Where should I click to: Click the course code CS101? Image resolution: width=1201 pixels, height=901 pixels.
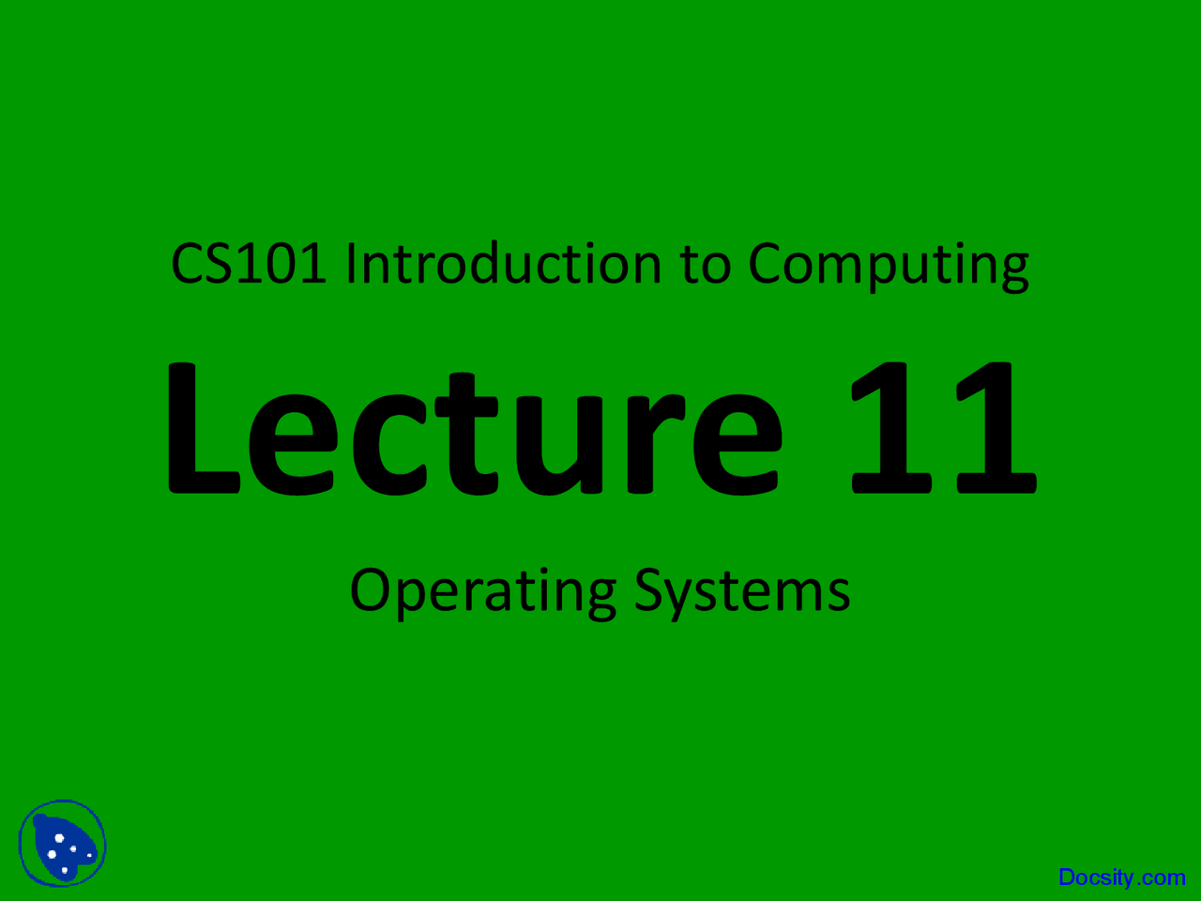pos(249,264)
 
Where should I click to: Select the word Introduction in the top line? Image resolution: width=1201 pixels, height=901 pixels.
pos(504,264)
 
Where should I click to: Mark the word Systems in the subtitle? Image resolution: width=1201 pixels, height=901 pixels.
pos(741,592)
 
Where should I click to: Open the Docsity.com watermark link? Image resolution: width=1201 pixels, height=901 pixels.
pos(1121,878)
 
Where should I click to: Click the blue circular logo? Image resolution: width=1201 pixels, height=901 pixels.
pos(63,844)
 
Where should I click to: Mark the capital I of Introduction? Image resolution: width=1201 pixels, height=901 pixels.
pos(352,264)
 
